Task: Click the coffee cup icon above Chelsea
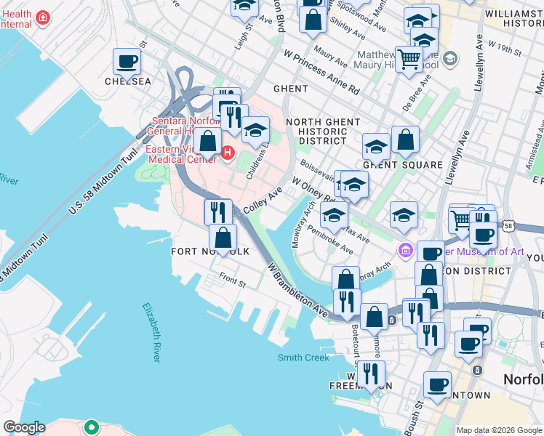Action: click(x=127, y=62)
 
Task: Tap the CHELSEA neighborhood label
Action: click(x=127, y=81)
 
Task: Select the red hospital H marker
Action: click(x=228, y=153)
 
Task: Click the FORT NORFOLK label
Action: click(x=210, y=251)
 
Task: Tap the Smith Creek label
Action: click(x=303, y=358)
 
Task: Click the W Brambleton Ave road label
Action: click(x=297, y=288)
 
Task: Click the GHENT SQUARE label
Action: click(x=402, y=165)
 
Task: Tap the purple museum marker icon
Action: click(x=405, y=251)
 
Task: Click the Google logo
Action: click(x=24, y=427)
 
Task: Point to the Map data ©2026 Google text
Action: click(x=499, y=430)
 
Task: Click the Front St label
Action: click(x=232, y=278)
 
